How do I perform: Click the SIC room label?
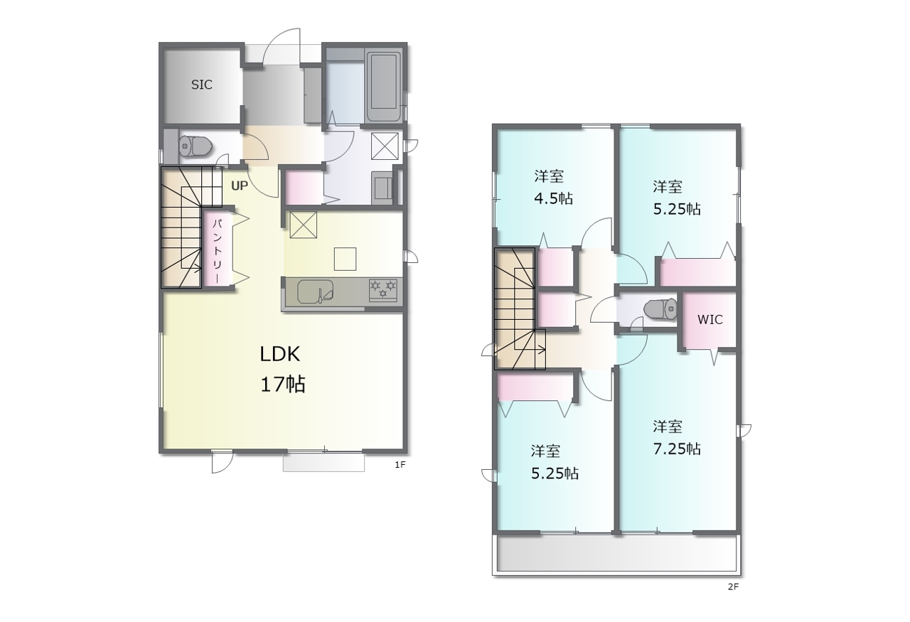pos(201,85)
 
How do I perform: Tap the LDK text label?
pos(280,354)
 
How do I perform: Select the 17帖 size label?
pos(283,384)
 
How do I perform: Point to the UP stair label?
pos(240,186)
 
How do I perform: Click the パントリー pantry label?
pos(218,251)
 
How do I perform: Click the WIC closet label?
pos(710,320)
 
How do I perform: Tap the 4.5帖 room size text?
pos(553,198)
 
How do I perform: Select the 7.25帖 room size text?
pos(677,449)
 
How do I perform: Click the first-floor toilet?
pos(196,146)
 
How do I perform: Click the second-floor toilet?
pos(660,309)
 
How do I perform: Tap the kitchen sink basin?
pos(316,291)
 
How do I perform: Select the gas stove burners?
pos(383,289)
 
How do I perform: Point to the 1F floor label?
pos(400,464)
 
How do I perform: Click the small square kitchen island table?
pos(346,259)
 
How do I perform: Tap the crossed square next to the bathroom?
pos(385,146)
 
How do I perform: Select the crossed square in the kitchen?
pos(303,225)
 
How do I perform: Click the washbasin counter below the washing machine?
pos(382,188)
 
